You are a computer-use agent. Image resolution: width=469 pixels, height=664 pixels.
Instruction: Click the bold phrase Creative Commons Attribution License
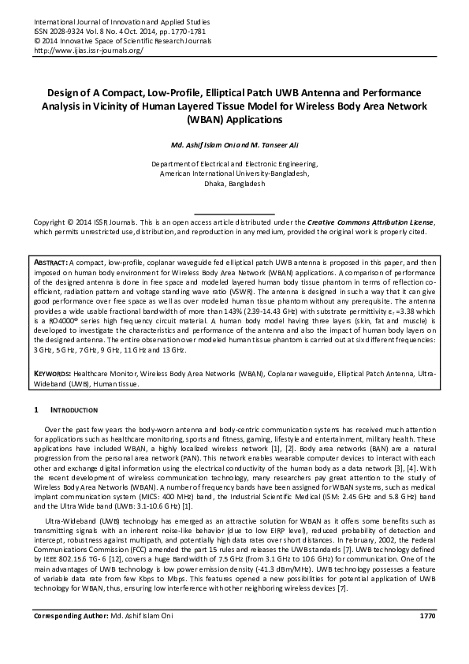[x=370, y=223]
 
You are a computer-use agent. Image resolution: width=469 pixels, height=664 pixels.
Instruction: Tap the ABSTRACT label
[x=50, y=261]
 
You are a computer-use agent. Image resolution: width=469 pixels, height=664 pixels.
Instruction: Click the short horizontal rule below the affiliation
[x=234, y=214]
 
